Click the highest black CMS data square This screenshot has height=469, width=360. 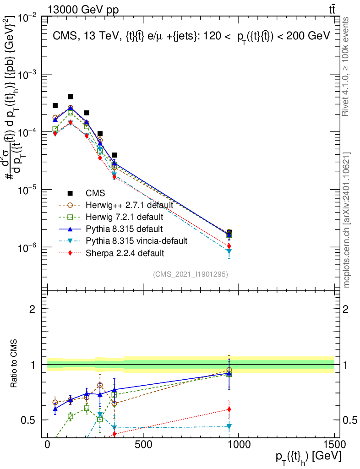[x=71, y=97]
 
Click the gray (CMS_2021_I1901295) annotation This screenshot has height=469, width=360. [x=191, y=274]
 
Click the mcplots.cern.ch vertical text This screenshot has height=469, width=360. [x=347, y=220]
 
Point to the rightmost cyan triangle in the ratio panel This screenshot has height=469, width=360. [x=229, y=427]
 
